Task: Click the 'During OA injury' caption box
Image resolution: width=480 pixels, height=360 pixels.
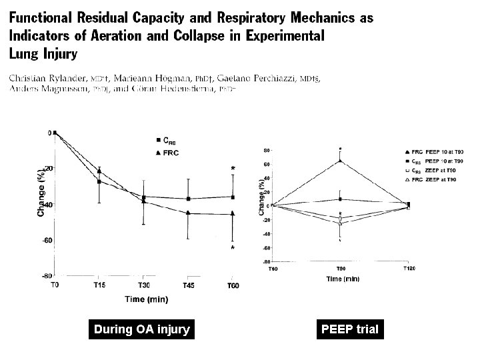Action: pyautogui.click(x=141, y=329)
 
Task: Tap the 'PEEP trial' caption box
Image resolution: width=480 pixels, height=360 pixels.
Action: pyautogui.click(x=350, y=329)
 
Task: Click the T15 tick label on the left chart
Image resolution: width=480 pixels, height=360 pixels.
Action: pyautogui.click(x=99, y=285)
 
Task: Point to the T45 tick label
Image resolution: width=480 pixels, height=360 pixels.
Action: pyautogui.click(x=189, y=285)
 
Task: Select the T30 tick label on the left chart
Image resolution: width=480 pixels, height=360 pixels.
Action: pyautogui.click(x=144, y=285)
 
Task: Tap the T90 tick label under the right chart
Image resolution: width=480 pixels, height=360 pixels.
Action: pyautogui.click(x=341, y=267)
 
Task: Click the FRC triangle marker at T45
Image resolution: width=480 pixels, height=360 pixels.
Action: pyautogui.click(x=189, y=213)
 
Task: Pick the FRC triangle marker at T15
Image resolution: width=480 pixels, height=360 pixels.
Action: pyautogui.click(x=99, y=171)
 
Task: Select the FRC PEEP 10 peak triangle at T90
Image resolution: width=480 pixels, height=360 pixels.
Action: pyautogui.click(x=341, y=161)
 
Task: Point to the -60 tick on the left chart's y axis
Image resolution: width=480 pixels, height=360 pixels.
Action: pyautogui.click(x=46, y=240)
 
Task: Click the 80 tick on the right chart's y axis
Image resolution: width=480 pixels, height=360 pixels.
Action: pyautogui.click(x=265, y=149)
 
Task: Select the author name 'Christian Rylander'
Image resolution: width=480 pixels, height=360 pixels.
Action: pyautogui.click(x=47, y=78)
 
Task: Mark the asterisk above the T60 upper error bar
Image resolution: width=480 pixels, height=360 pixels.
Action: pyautogui.click(x=233, y=169)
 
